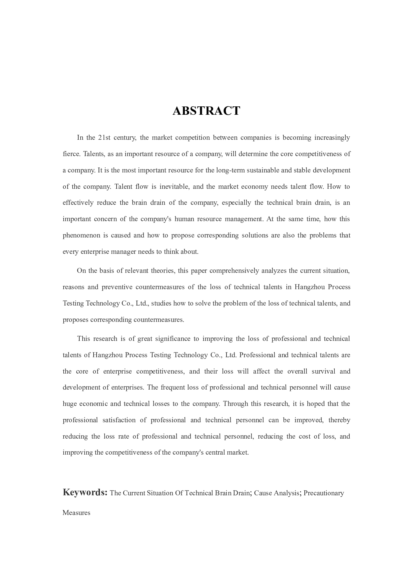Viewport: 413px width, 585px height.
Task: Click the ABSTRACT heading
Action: point(206,111)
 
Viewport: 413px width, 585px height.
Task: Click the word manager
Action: point(123,251)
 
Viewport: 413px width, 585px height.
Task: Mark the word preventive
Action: point(117,287)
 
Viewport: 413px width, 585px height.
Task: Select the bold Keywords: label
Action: point(85,493)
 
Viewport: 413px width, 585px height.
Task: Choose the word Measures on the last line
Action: point(76,513)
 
